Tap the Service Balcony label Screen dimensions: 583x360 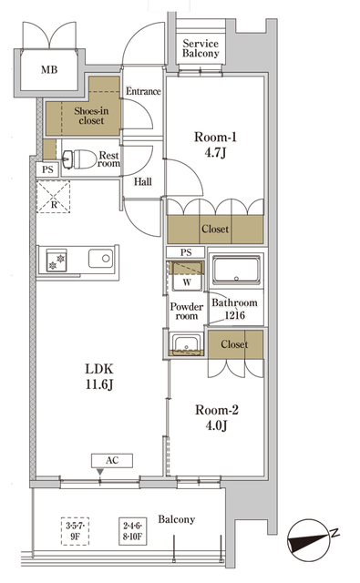201,49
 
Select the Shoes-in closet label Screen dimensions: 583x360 82,115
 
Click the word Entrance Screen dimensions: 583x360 143,91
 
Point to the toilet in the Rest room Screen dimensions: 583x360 81,159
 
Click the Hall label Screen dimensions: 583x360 144,181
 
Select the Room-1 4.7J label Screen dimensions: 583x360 216,146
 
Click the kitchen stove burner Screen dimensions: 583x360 50,261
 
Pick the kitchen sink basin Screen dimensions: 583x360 99,260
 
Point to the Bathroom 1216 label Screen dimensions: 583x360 234,310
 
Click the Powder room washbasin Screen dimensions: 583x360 185,344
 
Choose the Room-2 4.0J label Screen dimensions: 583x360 218,418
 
